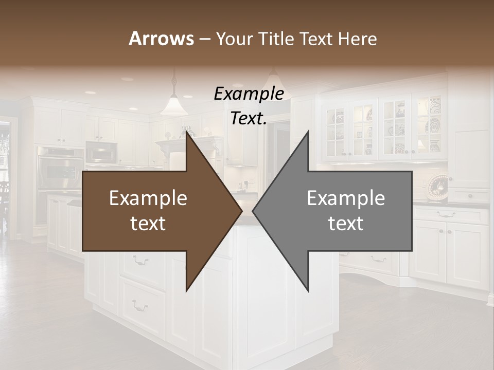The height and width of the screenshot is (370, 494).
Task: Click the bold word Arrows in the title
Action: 162,39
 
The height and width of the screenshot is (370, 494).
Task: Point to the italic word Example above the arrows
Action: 249,94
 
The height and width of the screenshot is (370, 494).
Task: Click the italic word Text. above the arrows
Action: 249,118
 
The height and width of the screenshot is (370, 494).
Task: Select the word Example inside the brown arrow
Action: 148,198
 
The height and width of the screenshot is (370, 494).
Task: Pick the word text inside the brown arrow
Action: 148,223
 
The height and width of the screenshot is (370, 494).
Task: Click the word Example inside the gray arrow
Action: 346,198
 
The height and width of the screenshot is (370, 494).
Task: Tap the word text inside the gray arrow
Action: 346,223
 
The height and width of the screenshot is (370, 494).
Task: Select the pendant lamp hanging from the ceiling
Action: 173,105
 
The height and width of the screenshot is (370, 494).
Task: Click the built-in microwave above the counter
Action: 101,152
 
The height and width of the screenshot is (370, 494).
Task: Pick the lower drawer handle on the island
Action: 140,307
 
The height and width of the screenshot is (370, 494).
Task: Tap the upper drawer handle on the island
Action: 140,261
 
